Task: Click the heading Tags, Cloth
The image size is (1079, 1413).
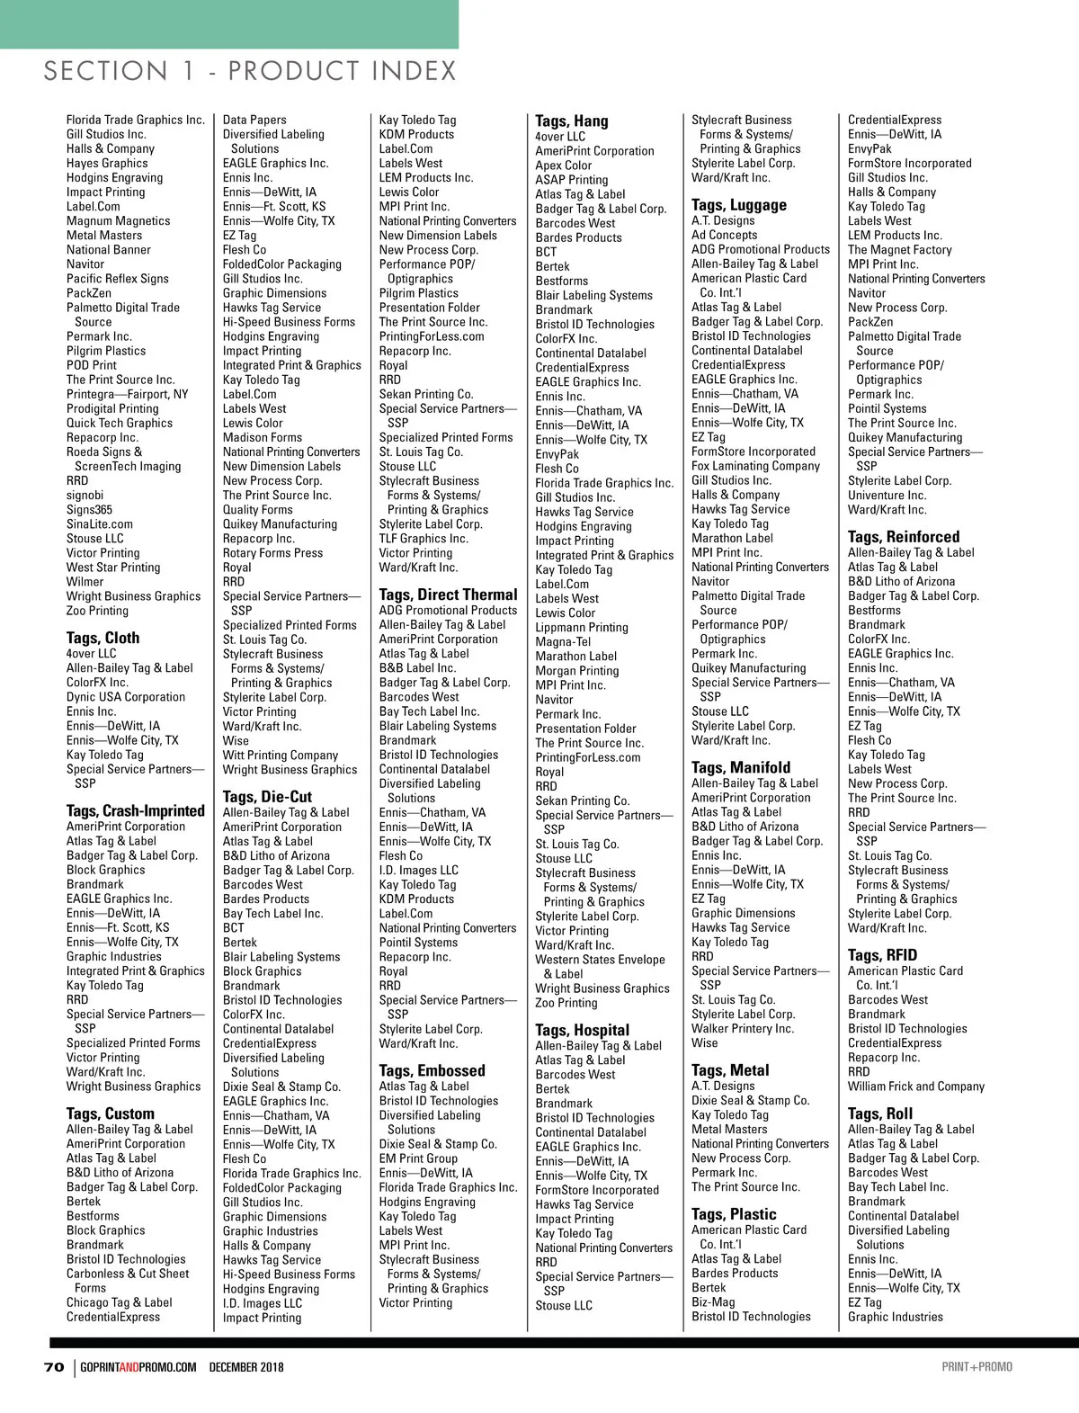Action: coord(103,638)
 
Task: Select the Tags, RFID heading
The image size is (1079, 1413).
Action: coord(882,955)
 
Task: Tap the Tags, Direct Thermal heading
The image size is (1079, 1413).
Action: coord(448,595)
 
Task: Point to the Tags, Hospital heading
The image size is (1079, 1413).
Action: coord(582,1030)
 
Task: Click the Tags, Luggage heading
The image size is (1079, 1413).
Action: coord(738,205)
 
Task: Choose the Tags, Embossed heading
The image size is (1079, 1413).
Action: coord(432,1070)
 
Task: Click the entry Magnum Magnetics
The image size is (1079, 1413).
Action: coord(118,221)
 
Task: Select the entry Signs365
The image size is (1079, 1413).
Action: coord(89,510)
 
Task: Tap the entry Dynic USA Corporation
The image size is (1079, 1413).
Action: coord(126,697)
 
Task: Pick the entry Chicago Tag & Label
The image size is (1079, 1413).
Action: coord(120,1302)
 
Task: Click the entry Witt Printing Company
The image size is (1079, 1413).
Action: coord(281,756)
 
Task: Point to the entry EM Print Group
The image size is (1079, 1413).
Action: coord(418,1158)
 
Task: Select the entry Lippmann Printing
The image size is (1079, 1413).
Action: coord(582,628)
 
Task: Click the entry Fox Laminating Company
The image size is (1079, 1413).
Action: coord(755,466)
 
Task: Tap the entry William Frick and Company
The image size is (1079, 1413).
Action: coord(916,1087)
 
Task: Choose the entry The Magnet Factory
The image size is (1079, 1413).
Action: coord(899,250)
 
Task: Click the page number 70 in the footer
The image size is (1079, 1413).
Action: coord(54,1367)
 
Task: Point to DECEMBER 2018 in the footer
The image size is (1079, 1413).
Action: coord(246,1367)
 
